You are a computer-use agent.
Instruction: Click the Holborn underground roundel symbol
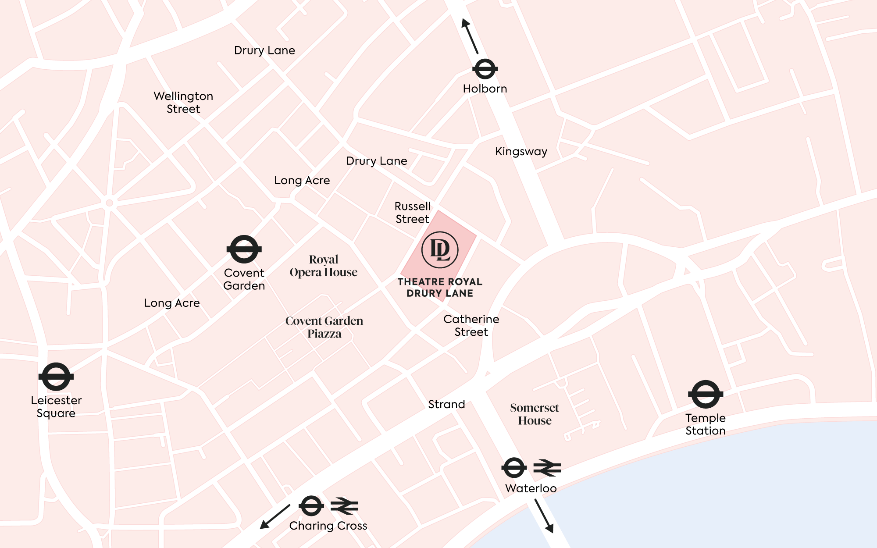click(485, 69)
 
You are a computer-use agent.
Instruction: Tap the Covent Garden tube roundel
click(244, 249)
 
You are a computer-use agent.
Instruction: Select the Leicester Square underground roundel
click(56, 377)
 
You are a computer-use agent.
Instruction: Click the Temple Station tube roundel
click(706, 394)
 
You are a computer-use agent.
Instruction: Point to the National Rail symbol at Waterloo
click(547, 468)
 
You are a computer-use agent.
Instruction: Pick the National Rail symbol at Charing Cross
click(344, 506)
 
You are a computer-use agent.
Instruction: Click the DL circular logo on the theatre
click(440, 250)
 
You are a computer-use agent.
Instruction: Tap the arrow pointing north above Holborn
click(470, 36)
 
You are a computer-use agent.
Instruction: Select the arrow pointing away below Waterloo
click(544, 516)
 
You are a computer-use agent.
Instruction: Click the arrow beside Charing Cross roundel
click(275, 517)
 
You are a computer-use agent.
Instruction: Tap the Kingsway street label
click(521, 152)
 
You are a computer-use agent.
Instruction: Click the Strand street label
click(446, 404)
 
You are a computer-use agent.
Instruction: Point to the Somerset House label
click(535, 414)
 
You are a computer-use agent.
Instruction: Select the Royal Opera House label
click(324, 266)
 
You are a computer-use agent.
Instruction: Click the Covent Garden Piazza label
click(324, 327)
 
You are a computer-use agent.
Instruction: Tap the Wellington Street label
click(183, 103)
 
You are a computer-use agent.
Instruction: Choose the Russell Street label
click(413, 213)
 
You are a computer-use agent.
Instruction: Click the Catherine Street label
click(471, 326)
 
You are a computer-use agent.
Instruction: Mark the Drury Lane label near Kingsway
click(377, 161)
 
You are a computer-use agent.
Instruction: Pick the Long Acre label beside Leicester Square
click(172, 303)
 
